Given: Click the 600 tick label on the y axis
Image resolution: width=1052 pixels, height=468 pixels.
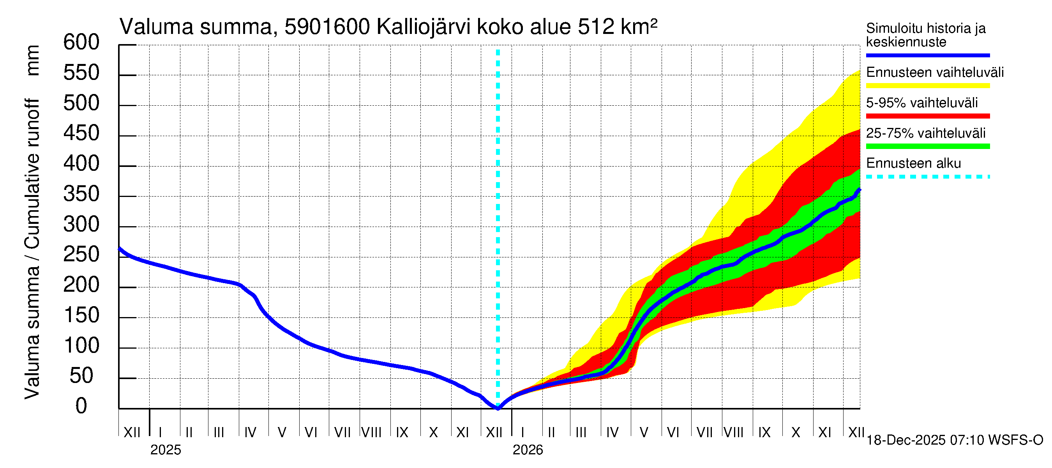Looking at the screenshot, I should pos(81,43).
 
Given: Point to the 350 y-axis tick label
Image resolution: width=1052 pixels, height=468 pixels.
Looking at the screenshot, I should pos(81,194).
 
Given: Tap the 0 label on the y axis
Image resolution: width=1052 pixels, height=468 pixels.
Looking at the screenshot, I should pos(81,406).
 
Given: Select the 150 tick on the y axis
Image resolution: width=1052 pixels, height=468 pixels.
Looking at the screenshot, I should pos(81,316).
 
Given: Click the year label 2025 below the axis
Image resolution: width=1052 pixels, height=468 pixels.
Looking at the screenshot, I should pos(165,450).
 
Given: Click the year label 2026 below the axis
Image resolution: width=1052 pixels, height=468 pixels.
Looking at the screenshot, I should pos(528,450).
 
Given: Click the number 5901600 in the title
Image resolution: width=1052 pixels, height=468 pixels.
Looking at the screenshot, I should pos(327,27).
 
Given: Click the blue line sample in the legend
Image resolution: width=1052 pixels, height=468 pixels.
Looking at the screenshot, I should pos(927,55).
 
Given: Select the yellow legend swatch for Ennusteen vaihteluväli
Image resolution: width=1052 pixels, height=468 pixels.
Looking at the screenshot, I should pos(927,86).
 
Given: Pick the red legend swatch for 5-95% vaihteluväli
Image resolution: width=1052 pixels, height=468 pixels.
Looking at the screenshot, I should pos(927,116).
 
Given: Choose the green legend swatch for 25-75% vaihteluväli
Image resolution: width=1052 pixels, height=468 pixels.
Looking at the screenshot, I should pos(927,146).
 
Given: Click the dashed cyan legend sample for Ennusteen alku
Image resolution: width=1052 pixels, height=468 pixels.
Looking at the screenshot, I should pos(927,177).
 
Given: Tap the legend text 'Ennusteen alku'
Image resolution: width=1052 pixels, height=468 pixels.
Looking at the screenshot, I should pos(913,163).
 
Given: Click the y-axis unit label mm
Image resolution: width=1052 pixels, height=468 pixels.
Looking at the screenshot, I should pos(33,60).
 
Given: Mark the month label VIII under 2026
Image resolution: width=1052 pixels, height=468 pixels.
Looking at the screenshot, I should pos(733,433).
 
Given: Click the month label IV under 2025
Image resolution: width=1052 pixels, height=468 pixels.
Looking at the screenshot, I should pos(250,433).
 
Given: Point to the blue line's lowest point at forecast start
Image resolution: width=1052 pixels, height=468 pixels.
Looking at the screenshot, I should pos(498,408).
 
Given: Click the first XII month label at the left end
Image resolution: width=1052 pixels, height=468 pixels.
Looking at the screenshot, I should pos(132,433).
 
